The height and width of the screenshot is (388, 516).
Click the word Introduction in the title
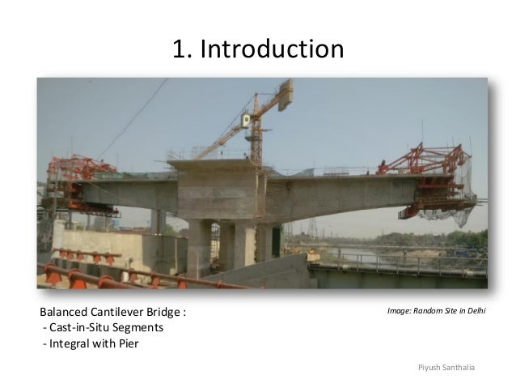pyautogui.click(x=271, y=50)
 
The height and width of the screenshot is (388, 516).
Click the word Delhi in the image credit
pyautogui.click(x=472, y=310)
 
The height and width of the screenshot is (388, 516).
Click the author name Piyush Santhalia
pyautogui.click(x=446, y=368)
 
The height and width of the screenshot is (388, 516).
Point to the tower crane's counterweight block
pyautogui.click(x=285, y=95)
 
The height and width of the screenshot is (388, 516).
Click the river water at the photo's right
pyautogui.click(x=380, y=257)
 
